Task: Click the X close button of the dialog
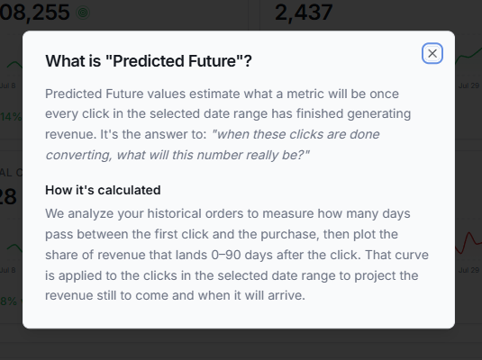432,53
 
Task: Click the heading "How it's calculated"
103,190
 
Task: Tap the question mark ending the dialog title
248,61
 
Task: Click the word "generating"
379,114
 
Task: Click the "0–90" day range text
226,255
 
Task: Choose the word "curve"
412,255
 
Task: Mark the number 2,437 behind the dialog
304,13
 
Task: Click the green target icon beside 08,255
83,13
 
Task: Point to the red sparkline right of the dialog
468,243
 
